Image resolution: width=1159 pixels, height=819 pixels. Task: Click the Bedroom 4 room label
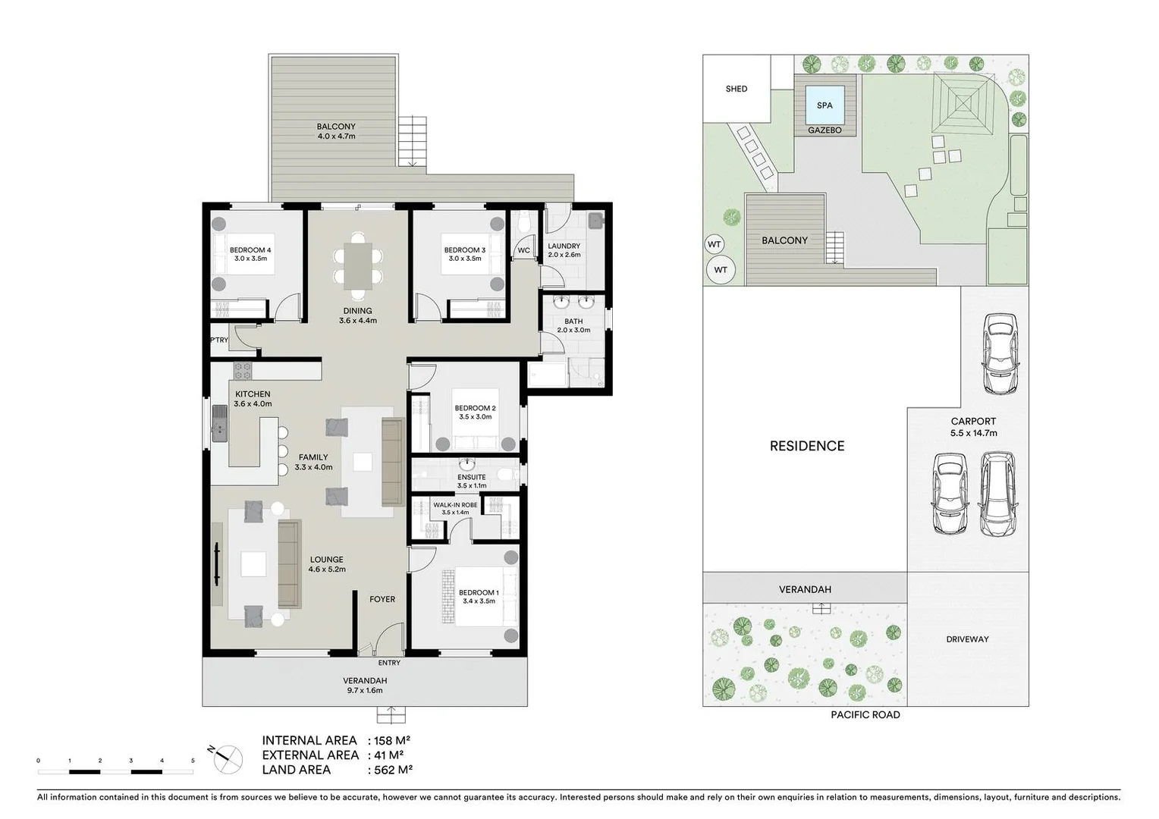click(x=250, y=250)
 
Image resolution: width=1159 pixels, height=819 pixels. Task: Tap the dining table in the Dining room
click(x=357, y=265)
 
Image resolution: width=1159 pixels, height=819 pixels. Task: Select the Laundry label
click(x=564, y=246)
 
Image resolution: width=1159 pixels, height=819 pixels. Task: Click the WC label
click(x=523, y=250)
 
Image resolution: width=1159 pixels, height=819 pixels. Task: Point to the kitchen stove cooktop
click(x=242, y=371)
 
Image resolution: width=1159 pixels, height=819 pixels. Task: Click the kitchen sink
click(x=219, y=423)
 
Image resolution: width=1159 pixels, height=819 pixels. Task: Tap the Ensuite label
click(x=472, y=478)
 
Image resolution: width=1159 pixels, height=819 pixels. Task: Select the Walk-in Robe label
click(x=455, y=505)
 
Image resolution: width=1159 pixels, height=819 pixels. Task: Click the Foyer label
click(x=382, y=599)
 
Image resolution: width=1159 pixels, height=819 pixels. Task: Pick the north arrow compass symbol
click(x=227, y=758)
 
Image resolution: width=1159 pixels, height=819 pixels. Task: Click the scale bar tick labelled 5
click(x=193, y=761)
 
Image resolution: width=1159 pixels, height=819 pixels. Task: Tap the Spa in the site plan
click(x=824, y=105)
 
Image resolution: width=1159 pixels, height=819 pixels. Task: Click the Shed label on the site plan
click(x=736, y=89)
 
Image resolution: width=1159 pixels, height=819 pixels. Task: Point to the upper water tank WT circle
click(x=714, y=244)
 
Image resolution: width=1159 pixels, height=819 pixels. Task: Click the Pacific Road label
click(x=865, y=715)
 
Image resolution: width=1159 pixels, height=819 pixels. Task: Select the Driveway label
click(x=967, y=639)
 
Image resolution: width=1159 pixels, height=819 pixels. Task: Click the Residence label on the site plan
click(x=806, y=446)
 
